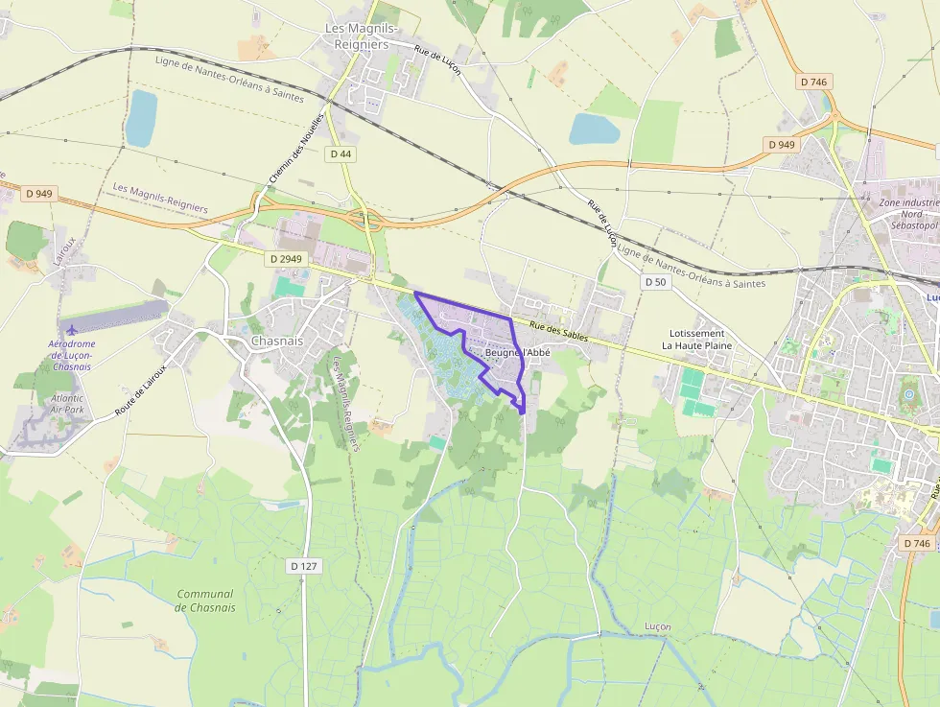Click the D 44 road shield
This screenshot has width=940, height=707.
click(x=341, y=153)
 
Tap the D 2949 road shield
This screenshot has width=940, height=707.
click(x=286, y=259)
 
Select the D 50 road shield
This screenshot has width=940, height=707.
click(x=655, y=282)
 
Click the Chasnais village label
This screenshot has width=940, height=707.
click(x=276, y=341)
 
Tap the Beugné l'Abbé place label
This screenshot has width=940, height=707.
click(x=518, y=352)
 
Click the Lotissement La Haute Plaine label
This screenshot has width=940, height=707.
click(x=697, y=340)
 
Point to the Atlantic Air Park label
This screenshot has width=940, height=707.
click(x=67, y=404)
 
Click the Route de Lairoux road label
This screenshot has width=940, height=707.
click(x=141, y=389)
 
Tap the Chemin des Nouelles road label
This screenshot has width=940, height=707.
click(x=295, y=158)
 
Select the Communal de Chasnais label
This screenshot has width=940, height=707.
click(x=205, y=601)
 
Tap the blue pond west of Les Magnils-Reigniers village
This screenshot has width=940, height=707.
click(x=141, y=118)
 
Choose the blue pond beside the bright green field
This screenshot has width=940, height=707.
click(x=594, y=129)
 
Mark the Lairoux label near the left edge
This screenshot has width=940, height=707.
click(x=64, y=247)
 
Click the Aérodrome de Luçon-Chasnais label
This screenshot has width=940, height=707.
click(x=72, y=355)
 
